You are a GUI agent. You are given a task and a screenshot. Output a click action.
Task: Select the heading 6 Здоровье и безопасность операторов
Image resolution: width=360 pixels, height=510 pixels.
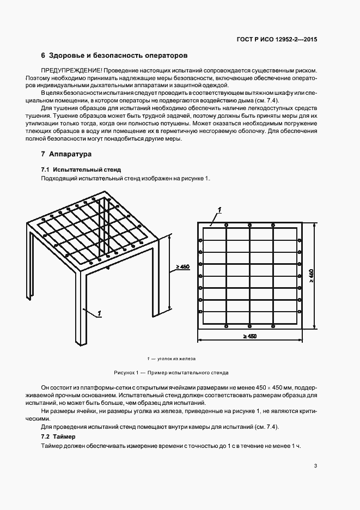pyautogui.click(x=114, y=56)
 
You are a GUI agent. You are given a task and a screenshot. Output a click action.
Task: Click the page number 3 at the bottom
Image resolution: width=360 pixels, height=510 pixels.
pyautogui.click(x=316, y=466)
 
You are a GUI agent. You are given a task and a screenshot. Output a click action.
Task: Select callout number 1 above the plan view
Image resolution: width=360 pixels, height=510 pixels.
pyautogui.click(x=219, y=209)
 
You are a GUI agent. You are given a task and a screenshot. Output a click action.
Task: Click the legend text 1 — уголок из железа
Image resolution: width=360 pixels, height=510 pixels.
pyautogui.click(x=171, y=359)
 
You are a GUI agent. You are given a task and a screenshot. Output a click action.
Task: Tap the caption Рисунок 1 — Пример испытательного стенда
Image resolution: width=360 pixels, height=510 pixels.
pyautogui.click(x=171, y=373)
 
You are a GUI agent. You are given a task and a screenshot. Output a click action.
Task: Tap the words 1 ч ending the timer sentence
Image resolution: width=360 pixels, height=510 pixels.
pyautogui.click(x=297, y=446)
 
